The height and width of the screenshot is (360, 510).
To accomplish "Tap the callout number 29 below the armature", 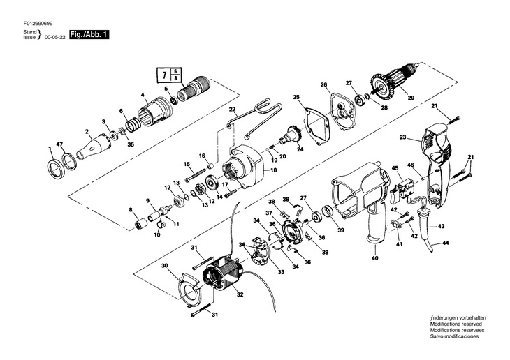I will click(411, 99).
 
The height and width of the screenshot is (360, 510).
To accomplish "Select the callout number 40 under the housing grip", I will click(375, 258).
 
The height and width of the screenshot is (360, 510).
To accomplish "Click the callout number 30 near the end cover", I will click(165, 266).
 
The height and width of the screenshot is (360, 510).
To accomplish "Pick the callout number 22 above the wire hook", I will click(233, 110).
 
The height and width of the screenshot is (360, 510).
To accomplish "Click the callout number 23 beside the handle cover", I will click(402, 138).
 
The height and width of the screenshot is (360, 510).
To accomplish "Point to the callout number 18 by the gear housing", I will click(254, 170).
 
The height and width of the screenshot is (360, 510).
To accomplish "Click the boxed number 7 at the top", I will click(163, 73).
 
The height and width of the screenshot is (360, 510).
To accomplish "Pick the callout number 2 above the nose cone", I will click(87, 130).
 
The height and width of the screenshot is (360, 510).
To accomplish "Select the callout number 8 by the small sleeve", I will click(131, 209).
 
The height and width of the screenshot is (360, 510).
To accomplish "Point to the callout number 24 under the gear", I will click(301, 149).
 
